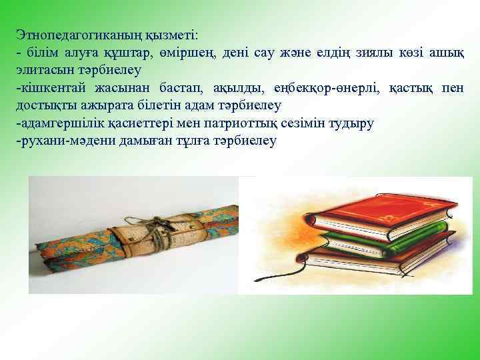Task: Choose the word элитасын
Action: [43, 69]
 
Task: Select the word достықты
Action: [45, 105]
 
